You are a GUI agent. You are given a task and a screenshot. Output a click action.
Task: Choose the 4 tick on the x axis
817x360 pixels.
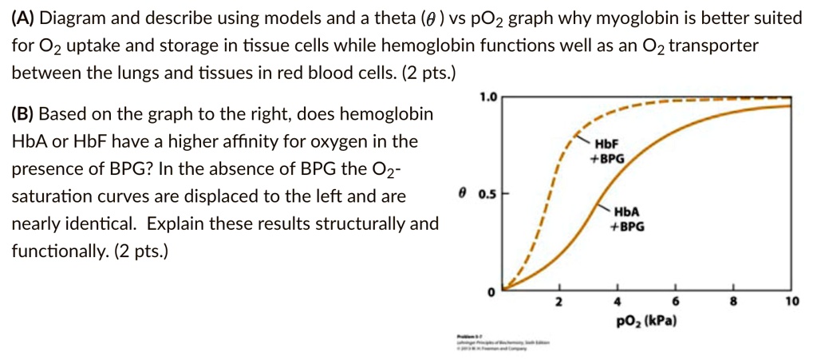pos(617,303)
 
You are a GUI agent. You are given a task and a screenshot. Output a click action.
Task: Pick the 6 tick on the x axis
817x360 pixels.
pos(675,303)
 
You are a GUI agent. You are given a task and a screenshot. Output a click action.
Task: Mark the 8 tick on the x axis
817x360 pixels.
pos(733,303)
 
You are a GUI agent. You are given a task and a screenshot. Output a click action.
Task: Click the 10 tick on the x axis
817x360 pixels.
pos(790,303)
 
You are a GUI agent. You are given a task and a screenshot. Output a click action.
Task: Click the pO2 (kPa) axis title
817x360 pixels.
pos(646,321)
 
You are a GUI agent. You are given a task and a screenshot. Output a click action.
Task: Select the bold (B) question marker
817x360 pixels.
pos(22,114)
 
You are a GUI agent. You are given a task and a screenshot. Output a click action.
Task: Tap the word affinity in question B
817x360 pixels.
pos(290,141)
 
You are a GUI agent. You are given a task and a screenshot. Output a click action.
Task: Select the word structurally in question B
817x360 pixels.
pos(362,224)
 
